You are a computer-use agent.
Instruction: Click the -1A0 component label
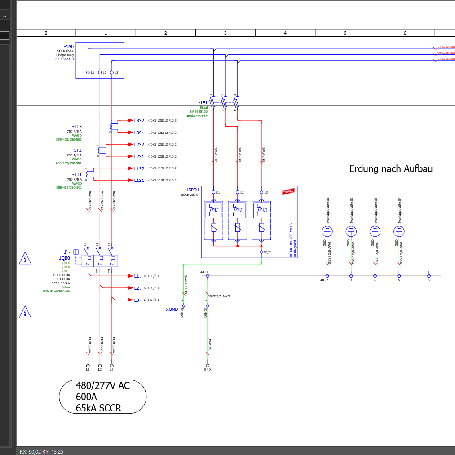click(69, 46)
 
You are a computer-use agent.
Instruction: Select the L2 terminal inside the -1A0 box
click(100, 72)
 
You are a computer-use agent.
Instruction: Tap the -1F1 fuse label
click(203, 102)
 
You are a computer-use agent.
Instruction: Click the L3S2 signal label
click(139, 120)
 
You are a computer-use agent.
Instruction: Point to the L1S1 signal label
click(139, 180)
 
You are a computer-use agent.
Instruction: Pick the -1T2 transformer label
click(77, 150)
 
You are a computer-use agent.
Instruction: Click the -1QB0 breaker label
click(63, 258)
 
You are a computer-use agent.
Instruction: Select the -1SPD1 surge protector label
click(191, 190)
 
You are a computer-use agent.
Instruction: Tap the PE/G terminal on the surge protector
click(261, 252)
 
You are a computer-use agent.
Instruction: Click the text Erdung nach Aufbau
click(391, 169)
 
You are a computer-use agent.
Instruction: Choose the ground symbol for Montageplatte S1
click(327, 231)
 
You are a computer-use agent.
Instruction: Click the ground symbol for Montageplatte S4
click(399, 231)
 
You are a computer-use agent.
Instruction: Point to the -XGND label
click(172, 309)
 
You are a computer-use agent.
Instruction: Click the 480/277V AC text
click(103, 385)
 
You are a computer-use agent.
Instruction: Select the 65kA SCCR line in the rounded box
click(98, 408)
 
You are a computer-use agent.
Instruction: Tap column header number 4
click(285, 33)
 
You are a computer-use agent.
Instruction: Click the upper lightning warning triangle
click(25, 258)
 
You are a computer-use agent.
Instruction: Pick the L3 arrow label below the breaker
click(137, 300)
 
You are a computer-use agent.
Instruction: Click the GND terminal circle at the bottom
click(207, 365)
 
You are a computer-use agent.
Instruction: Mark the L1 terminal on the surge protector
click(213, 192)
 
